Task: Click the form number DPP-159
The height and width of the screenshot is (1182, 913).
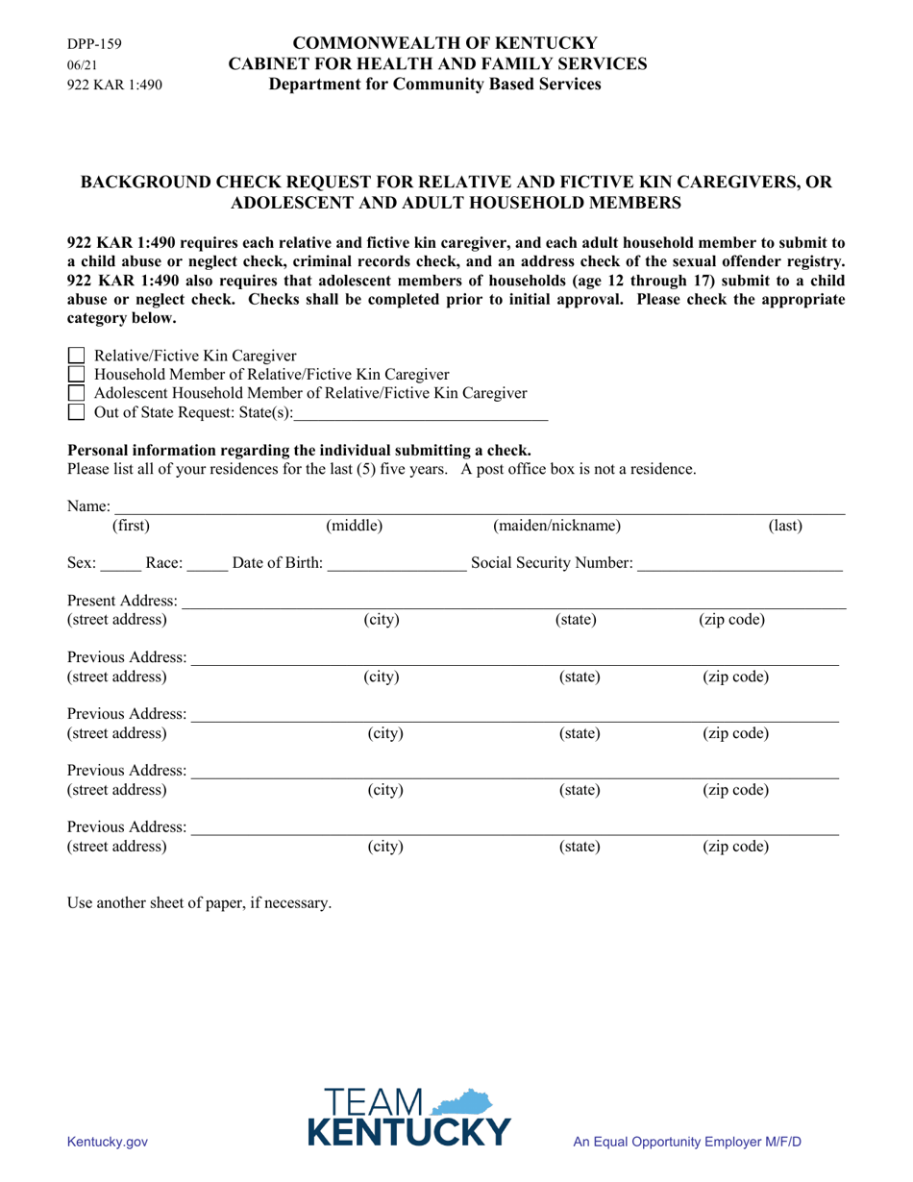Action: [94, 44]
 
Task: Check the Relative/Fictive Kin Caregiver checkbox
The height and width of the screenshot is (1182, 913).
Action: [77, 357]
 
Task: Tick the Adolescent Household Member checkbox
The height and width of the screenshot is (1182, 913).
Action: [77, 393]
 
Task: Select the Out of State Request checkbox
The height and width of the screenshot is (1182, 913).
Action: [77, 412]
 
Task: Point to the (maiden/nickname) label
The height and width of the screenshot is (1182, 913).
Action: [556, 526]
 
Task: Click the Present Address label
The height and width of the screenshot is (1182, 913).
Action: [122, 601]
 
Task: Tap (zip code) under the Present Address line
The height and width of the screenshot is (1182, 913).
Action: [731, 620]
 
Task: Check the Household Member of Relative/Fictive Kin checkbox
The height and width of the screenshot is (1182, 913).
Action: [77, 375]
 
